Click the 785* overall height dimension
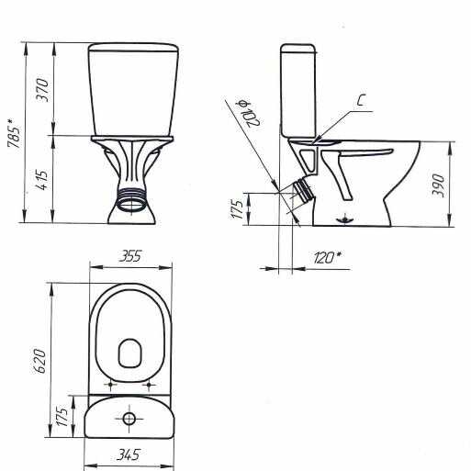(15, 133)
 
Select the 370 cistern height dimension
(42, 90)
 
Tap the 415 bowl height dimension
(42, 179)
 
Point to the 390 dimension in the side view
(438, 185)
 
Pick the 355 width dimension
(130, 256)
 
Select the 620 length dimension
(39, 361)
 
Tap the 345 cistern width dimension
(129, 454)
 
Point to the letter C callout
(362, 100)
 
